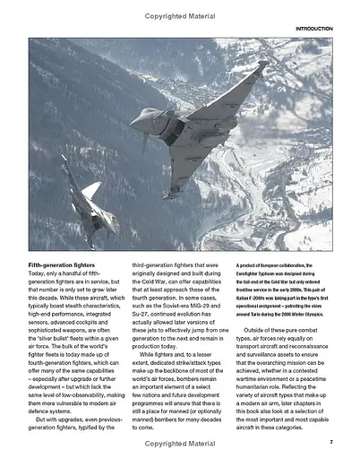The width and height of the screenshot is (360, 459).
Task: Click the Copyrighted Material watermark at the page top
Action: point(180,12)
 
